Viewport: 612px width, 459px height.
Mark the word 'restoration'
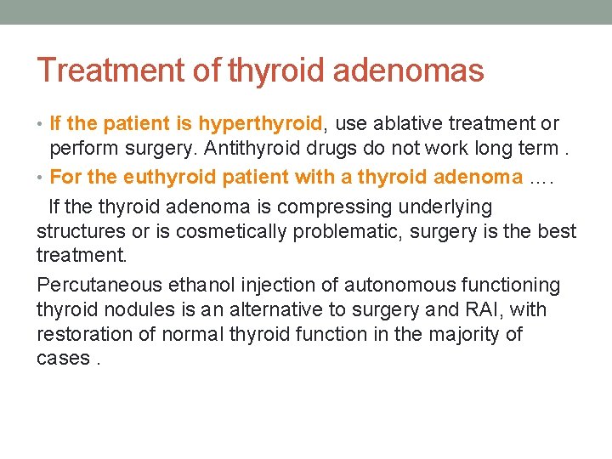[x=82, y=334]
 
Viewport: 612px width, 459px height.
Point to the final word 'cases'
[x=62, y=359]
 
